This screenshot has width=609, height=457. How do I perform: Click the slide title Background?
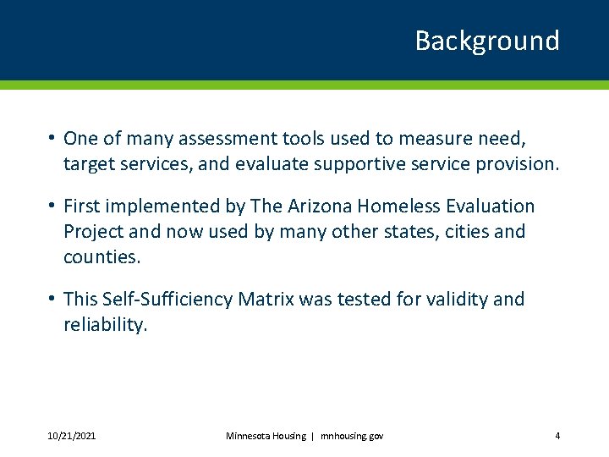click(486, 41)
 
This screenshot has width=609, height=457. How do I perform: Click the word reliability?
click(105, 325)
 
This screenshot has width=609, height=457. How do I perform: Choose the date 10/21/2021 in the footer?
click(71, 436)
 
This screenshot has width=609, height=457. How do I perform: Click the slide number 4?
click(557, 436)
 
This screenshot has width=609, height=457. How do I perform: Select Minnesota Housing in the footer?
click(266, 436)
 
